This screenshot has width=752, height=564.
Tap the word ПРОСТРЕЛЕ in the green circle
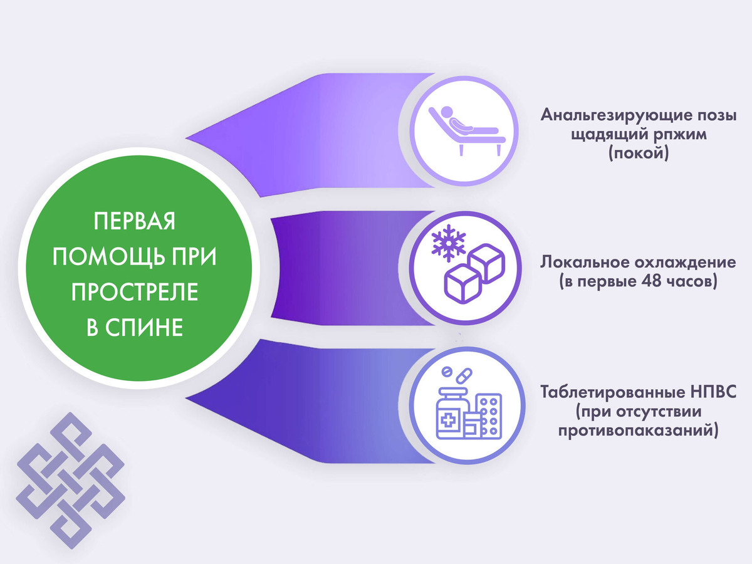coord(135,292)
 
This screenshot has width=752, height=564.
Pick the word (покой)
coord(639,153)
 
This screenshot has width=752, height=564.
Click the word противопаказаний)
coord(639,431)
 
